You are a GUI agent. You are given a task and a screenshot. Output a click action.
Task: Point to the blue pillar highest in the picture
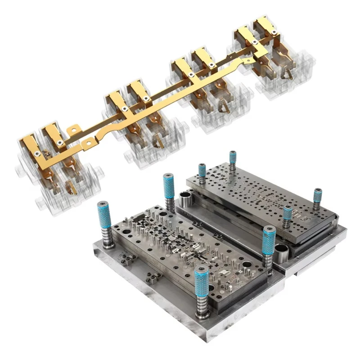click(x=233, y=157)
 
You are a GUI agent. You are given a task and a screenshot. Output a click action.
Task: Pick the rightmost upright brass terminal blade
click(x=262, y=27)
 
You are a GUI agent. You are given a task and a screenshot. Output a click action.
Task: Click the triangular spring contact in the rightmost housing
click(x=285, y=73)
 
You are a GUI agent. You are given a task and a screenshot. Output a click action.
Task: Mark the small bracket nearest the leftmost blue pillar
click(x=128, y=259)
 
